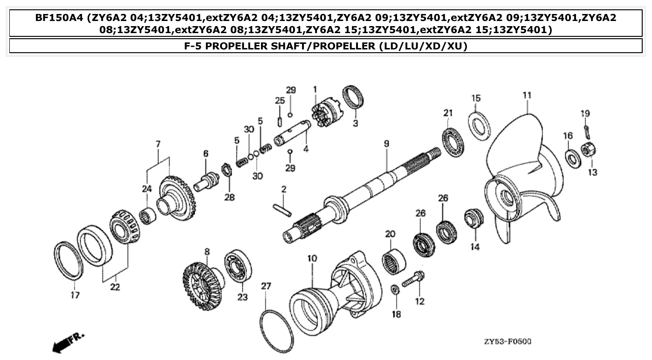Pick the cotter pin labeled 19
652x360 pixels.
pos(587,129)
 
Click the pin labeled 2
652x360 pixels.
pos(282,210)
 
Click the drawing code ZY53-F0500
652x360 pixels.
pos(507,341)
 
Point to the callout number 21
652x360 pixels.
pos(448,113)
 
